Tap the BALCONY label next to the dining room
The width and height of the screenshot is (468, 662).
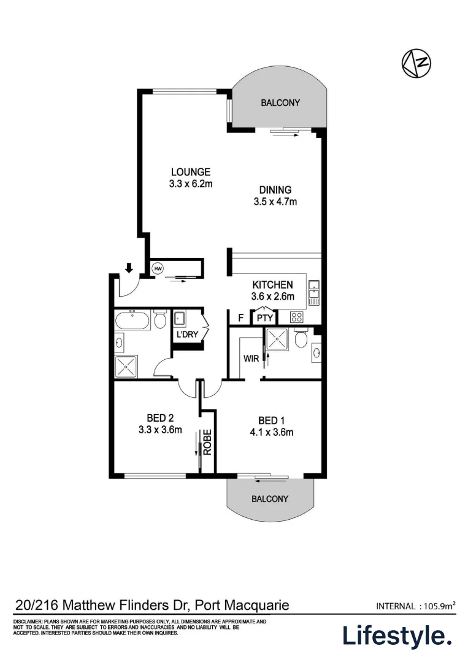click(280, 103)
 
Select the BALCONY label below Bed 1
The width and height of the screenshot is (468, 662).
click(270, 499)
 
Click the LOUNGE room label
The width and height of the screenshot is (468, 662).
click(190, 172)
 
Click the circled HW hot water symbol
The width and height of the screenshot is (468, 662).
click(158, 268)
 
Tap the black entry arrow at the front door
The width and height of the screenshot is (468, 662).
click(129, 268)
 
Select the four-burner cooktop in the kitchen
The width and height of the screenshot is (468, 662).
click(296, 317)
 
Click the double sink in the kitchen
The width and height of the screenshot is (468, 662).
click(314, 293)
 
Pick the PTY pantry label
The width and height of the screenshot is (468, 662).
click(264, 318)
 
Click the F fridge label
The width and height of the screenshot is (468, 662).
click(240, 318)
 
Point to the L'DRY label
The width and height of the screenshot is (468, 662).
click(187, 336)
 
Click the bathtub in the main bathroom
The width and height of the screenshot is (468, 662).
click(132, 320)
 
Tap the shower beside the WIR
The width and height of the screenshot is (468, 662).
click(276, 340)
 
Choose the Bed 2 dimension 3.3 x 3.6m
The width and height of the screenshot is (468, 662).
click(160, 430)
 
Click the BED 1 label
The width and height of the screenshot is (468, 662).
click(271, 420)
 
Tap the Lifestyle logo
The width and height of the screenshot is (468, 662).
click(396, 636)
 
